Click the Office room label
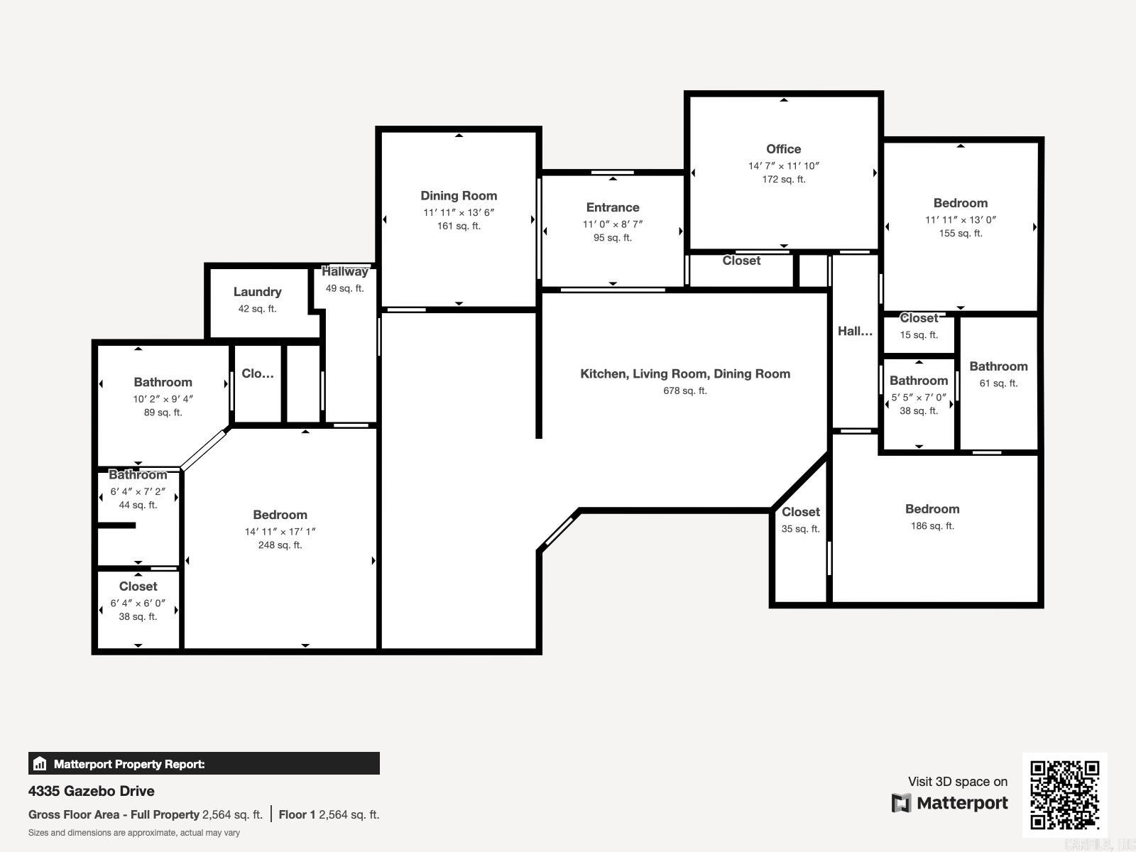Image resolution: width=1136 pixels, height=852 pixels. click(784, 149)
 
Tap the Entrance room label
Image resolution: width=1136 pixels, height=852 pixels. click(613, 207)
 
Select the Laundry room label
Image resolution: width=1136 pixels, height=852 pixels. click(257, 292)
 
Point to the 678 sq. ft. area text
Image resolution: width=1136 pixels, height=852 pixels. click(685, 390)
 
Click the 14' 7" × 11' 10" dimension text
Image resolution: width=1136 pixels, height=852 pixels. click(784, 166)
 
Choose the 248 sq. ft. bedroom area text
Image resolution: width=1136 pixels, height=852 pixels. click(280, 545)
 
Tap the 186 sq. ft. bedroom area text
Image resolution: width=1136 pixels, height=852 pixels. click(933, 525)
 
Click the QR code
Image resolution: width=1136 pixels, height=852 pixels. click(1064, 795)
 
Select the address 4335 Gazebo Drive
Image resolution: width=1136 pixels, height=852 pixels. click(92, 791)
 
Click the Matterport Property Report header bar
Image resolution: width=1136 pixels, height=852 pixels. click(204, 763)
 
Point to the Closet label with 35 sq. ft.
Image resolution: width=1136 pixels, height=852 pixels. click(801, 512)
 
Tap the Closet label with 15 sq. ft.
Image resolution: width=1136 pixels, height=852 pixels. click(919, 318)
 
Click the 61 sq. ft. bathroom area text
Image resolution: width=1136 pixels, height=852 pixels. click(998, 383)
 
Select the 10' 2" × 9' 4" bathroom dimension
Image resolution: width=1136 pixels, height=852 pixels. click(163, 399)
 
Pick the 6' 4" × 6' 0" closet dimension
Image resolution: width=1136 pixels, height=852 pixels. click(138, 603)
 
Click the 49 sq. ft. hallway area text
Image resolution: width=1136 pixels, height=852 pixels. click(344, 288)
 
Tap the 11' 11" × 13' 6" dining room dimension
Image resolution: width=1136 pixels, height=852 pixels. click(459, 212)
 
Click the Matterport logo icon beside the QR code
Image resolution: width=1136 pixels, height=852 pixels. click(901, 803)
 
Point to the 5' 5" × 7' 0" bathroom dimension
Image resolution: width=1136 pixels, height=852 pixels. click(919, 398)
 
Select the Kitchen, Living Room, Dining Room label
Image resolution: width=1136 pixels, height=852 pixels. click(685, 374)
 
